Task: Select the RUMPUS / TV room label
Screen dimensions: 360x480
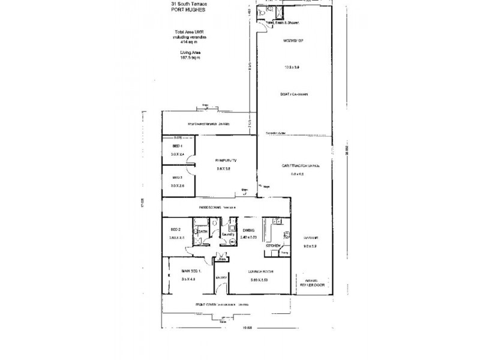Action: click(223, 161)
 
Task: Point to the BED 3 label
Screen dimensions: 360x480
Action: click(177, 178)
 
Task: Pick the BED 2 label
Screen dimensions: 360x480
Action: click(175, 230)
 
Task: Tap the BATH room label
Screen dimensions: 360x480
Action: click(203, 230)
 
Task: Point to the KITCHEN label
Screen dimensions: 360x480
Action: click(274, 246)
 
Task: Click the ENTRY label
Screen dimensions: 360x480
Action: click(221, 277)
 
